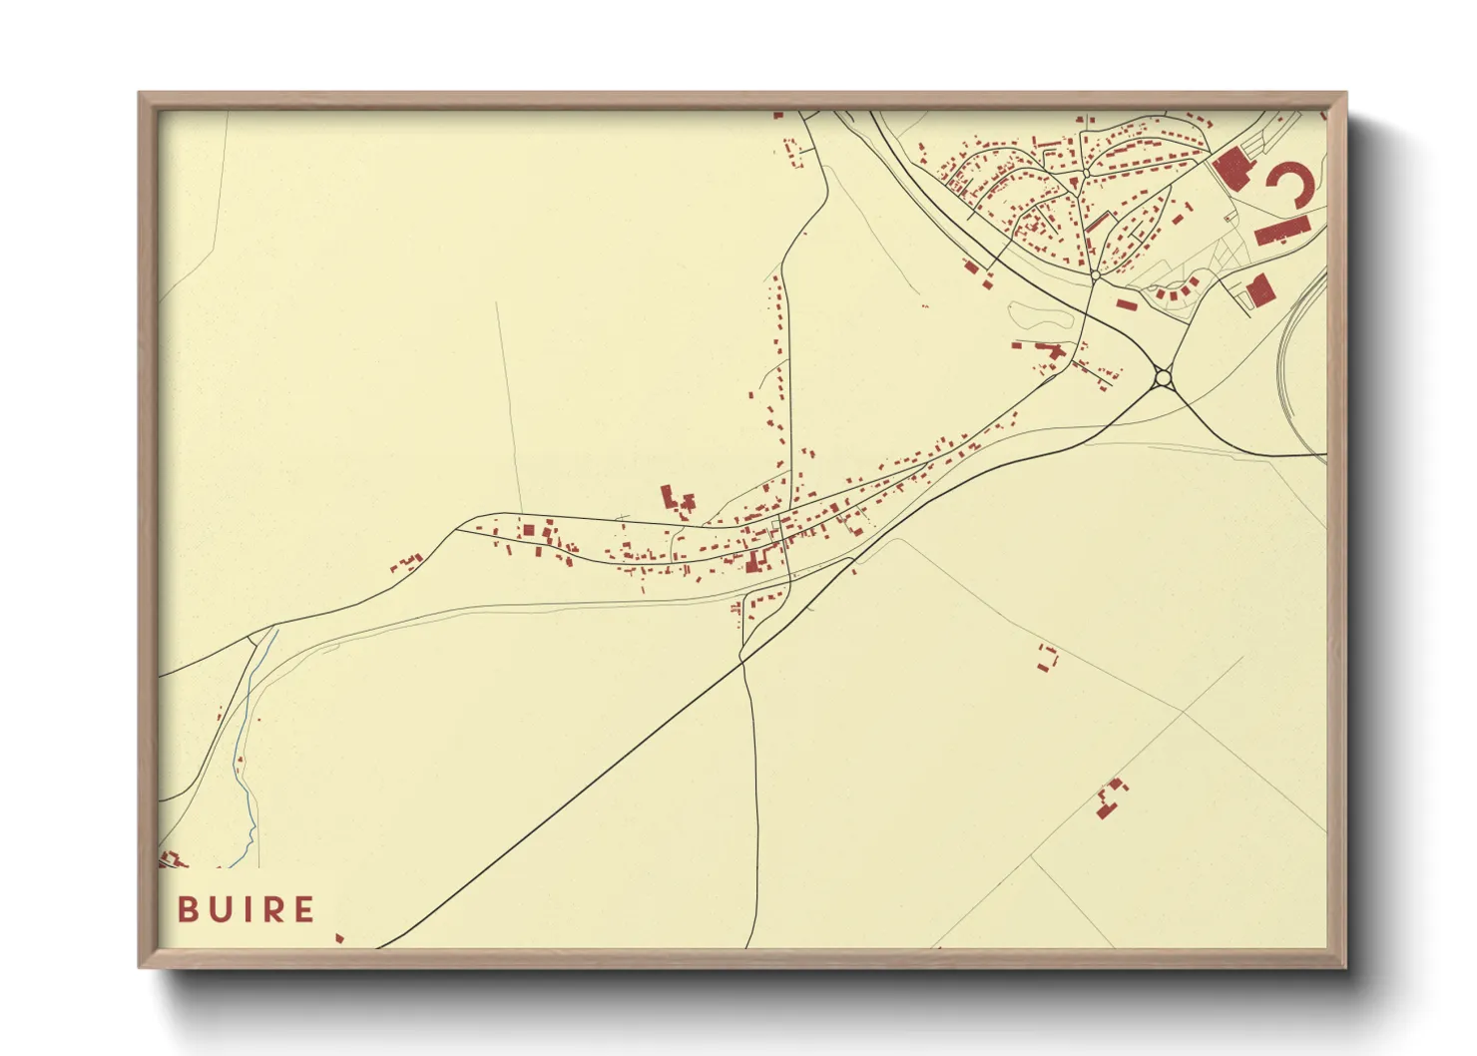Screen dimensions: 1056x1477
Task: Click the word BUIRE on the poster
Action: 246,909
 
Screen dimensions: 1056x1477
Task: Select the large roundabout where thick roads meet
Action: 1162,378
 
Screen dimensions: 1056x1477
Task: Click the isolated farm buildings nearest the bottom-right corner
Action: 1109,799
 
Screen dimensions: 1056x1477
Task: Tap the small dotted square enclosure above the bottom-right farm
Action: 1046,658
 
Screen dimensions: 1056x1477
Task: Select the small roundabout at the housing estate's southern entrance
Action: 1095,274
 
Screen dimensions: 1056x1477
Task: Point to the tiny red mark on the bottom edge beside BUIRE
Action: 339,938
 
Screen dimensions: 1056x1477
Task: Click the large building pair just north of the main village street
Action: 676,498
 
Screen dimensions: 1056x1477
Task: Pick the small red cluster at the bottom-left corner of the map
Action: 172,859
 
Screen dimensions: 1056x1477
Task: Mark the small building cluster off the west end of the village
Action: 407,563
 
